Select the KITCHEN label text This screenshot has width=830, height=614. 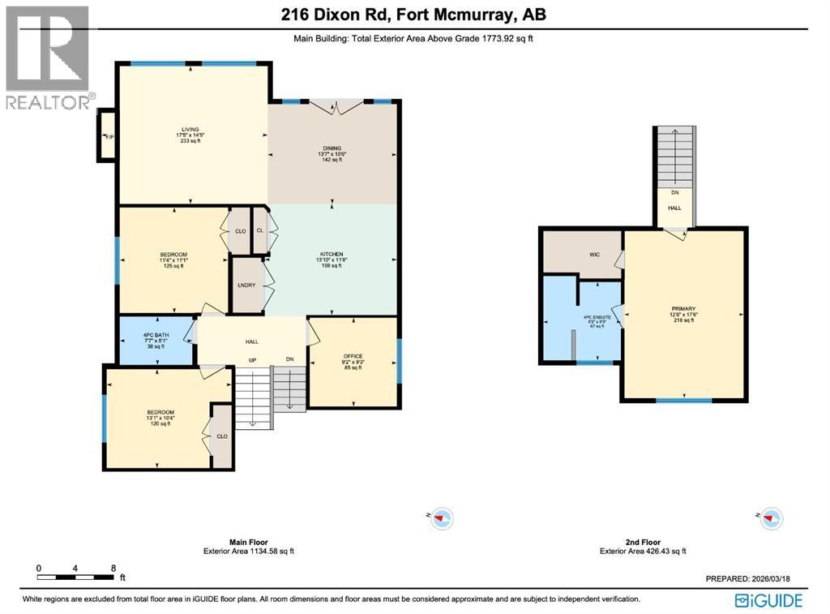pyautogui.click(x=330, y=255)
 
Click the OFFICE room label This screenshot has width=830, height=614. pyautogui.click(x=353, y=355)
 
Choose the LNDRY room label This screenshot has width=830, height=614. pyautogui.click(x=246, y=285)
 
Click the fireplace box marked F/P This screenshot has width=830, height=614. pyautogui.click(x=107, y=136)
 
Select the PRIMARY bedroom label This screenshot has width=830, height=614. pyautogui.click(x=683, y=309)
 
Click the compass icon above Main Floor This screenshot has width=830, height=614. pyautogui.click(x=441, y=517)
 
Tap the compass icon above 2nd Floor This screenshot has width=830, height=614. pyautogui.click(x=770, y=517)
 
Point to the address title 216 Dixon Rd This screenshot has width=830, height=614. pyautogui.click(x=413, y=15)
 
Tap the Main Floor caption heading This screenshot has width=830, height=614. pyautogui.click(x=248, y=542)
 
